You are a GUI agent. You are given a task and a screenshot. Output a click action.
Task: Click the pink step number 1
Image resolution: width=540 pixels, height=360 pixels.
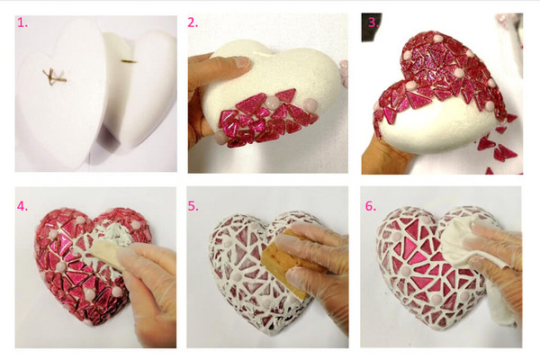(x=22, y=23)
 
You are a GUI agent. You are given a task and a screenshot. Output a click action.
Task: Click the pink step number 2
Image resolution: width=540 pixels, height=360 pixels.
(x=193, y=22)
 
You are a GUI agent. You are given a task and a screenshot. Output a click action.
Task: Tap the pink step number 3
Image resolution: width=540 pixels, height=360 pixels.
(x=373, y=22)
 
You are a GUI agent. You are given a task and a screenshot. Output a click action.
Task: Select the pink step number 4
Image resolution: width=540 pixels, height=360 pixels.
(x=22, y=206)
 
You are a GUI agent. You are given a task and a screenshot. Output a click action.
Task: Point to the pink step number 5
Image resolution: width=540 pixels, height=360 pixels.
(x=193, y=206)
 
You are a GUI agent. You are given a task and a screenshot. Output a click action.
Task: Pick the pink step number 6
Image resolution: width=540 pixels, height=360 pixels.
(x=371, y=206)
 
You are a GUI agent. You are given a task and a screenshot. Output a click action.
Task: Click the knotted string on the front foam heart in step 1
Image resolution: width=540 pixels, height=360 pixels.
(x=54, y=77)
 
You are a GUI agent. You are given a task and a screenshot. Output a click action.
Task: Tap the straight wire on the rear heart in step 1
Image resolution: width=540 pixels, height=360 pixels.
(x=129, y=62)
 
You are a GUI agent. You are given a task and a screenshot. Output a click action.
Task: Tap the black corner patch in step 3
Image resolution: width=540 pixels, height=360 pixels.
(x=371, y=28)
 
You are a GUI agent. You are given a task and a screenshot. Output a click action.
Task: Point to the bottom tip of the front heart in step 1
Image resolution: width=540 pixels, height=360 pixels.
(x=74, y=167)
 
